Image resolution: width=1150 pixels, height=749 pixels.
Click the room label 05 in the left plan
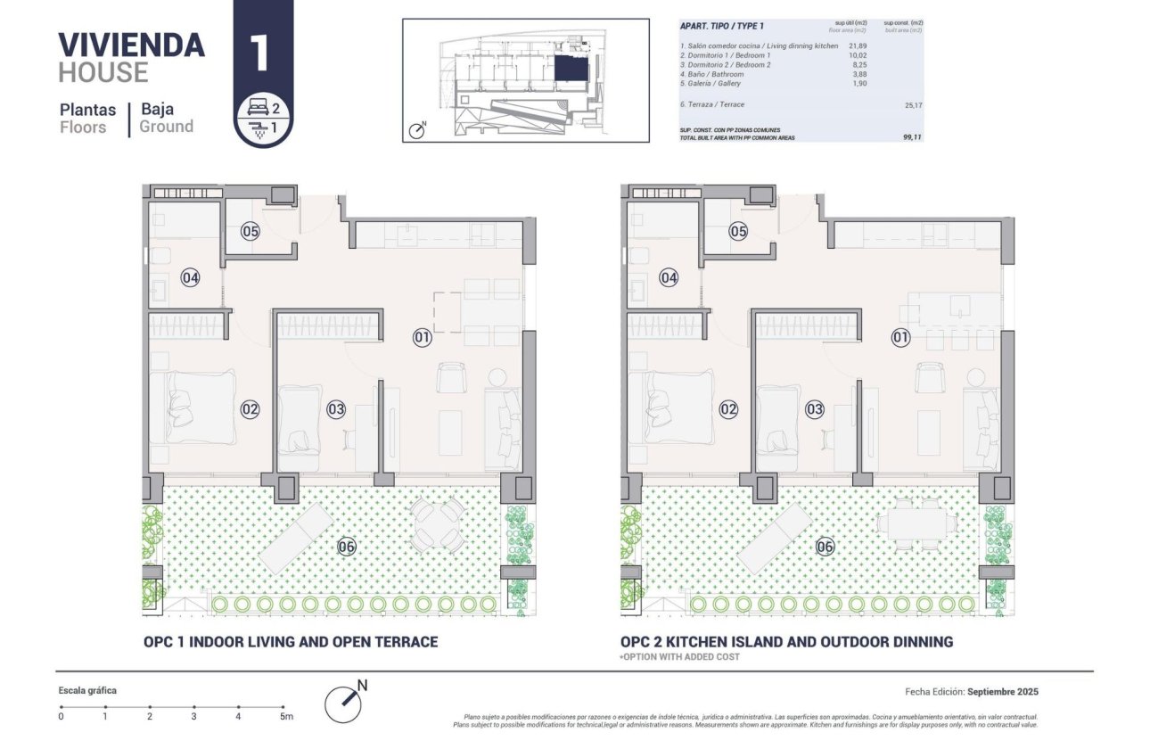coord(250,232)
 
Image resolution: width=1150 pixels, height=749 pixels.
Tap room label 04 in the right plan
coord(669,278)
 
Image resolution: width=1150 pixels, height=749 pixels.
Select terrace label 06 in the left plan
coord(347,547)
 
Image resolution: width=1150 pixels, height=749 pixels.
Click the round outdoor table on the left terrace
coord(437,523)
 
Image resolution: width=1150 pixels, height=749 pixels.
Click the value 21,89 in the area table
coord(858,45)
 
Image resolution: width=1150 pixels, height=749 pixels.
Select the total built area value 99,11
coord(910,137)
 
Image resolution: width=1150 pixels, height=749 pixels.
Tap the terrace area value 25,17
coord(910,104)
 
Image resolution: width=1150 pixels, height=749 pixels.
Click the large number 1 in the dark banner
coord(260,52)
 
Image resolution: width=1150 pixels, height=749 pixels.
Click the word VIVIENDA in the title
coord(131,45)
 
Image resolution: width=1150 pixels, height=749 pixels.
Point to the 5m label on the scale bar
coord(285,716)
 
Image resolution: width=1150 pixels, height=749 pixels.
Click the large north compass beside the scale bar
coord(344,702)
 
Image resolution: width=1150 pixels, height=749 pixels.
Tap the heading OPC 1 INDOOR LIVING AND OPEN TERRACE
coord(291,642)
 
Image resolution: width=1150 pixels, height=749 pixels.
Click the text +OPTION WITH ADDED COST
coord(679,657)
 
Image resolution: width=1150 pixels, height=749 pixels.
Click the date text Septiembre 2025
coord(1003,692)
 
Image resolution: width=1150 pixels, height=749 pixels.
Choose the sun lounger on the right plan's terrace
coord(775,539)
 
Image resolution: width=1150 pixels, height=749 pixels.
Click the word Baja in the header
coord(156,110)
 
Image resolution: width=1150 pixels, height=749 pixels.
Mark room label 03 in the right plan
coord(815,409)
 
